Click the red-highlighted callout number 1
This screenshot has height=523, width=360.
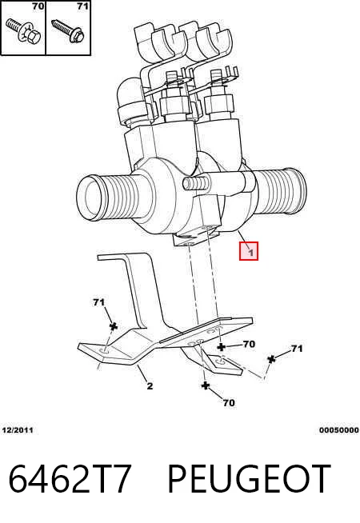click(249, 251)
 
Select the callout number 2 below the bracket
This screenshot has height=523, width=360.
click(150, 386)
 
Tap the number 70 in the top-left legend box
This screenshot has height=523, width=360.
click(38, 6)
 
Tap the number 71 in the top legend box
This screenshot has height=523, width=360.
click(82, 6)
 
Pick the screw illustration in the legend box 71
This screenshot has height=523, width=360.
click(69, 30)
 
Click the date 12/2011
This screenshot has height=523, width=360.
click(18, 430)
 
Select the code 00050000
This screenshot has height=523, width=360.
click(338, 430)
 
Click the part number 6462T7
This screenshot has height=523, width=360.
click(70, 479)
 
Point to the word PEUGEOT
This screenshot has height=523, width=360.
click(249, 479)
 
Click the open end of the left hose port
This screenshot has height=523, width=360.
click(90, 198)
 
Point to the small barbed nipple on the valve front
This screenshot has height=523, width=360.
click(195, 183)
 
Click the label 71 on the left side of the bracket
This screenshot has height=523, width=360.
click(98, 302)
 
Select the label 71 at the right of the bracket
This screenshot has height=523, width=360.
click(297, 349)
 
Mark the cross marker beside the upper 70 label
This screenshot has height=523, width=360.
click(221, 347)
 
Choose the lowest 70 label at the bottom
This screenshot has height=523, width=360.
click(229, 403)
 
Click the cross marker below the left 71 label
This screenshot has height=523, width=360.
click(114, 326)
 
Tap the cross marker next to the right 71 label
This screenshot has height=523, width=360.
click(271, 359)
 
